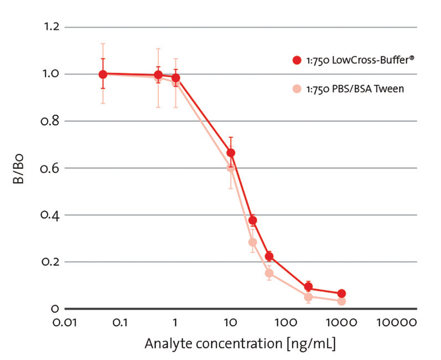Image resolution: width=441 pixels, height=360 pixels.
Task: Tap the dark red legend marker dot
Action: point(298,60)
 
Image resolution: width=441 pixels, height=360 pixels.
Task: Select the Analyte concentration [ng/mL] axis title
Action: point(240,344)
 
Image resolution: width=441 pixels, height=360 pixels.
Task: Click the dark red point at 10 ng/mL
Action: point(231,153)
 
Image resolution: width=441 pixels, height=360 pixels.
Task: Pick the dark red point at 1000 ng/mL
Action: point(341,294)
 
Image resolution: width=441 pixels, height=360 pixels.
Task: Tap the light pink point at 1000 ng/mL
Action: point(341,301)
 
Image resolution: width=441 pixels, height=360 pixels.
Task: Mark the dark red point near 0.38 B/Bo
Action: point(253,220)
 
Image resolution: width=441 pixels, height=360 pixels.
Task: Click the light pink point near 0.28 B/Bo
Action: point(253,242)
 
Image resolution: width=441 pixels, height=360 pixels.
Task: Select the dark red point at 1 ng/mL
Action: point(176,78)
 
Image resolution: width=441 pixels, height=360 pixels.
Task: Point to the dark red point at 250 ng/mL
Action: point(309,287)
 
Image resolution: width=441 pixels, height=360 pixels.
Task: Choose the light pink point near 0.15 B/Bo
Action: point(269,273)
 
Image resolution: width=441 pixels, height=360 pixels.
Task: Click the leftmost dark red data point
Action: point(103,74)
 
